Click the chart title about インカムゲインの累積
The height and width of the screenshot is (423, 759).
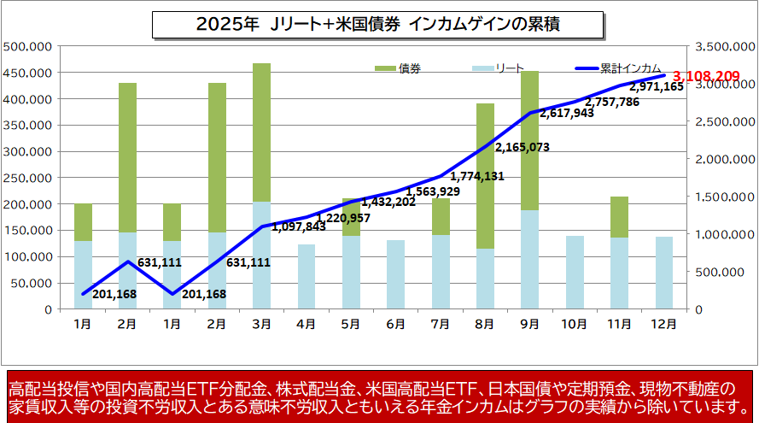[377, 25]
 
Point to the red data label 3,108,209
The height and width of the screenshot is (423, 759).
[706, 77]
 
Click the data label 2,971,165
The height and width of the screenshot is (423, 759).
[656, 86]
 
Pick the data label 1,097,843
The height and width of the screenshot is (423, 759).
[299, 227]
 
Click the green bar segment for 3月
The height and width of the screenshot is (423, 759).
[262, 132]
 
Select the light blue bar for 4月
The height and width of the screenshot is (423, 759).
[307, 276]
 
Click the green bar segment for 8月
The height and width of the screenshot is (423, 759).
[485, 175]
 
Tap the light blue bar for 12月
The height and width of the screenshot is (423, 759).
[663, 273]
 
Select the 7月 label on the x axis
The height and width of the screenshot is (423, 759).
[440, 325]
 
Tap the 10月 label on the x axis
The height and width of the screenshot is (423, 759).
[574, 325]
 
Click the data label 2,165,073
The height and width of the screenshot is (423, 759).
[522, 147]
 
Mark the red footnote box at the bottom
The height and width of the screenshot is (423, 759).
[379, 396]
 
